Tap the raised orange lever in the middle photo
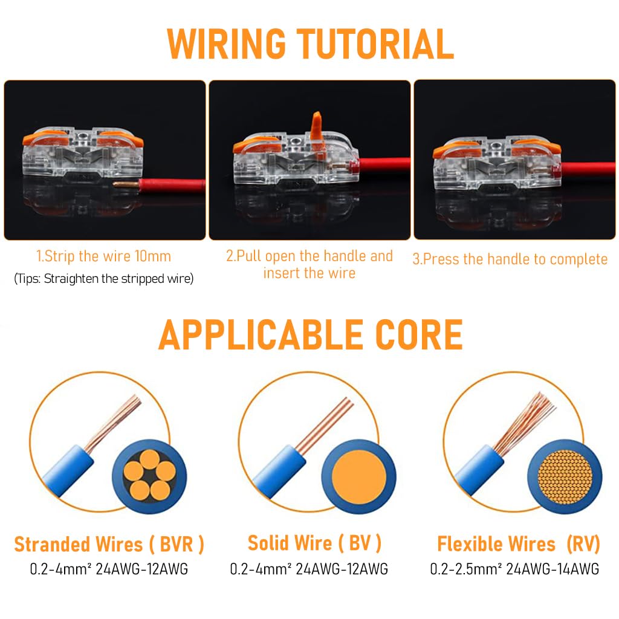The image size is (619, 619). (x=316, y=125)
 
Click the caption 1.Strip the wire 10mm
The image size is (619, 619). (x=103, y=256)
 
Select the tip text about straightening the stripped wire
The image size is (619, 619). (x=103, y=279)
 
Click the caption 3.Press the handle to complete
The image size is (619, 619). (x=510, y=259)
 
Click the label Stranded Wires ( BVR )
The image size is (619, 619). (x=109, y=544)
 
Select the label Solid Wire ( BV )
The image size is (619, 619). (x=314, y=543)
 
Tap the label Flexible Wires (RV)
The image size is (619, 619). (x=518, y=544)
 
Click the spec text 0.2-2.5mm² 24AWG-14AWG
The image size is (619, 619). (x=514, y=569)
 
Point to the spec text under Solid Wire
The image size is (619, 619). (x=309, y=569)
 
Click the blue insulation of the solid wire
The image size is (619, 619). (x=275, y=470)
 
